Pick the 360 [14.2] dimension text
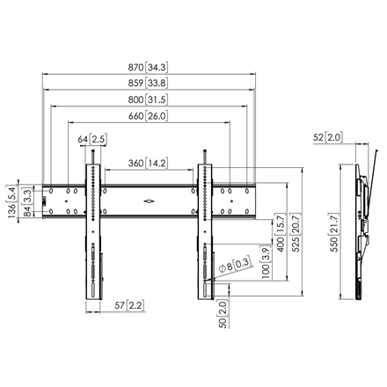tap(148, 163)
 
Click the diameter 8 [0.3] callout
tap(237, 261)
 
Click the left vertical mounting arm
tap(92, 229)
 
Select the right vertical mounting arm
tap(207, 229)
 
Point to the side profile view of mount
tap(361, 229)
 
